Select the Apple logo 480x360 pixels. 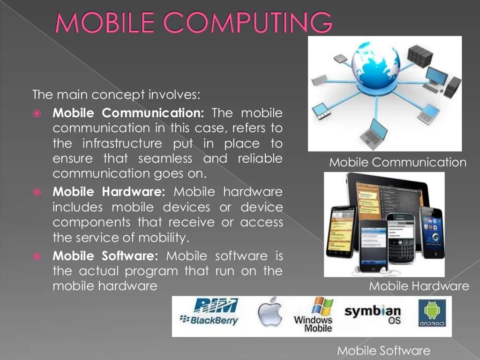(x=270, y=311)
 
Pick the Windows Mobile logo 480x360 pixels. (x=313, y=315)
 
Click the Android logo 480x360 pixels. (x=432, y=315)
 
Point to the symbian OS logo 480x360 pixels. (x=373, y=315)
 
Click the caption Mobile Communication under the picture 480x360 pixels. (x=397, y=163)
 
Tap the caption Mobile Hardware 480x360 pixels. (x=419, y=286)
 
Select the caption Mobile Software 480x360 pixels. (x=383, y=350)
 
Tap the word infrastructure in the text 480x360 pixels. (x=122, y=143)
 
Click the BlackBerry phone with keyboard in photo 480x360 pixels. (x=401, y=239)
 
